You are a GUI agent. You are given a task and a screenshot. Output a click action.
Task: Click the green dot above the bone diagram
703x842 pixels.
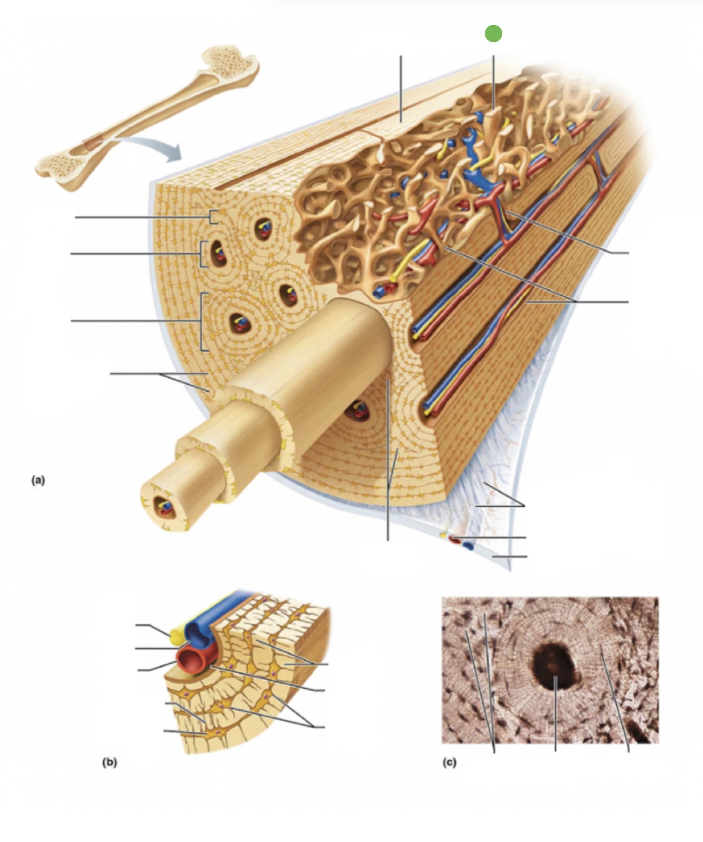tap(493, 33)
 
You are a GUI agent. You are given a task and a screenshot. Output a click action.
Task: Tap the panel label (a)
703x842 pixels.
tap(39, 480)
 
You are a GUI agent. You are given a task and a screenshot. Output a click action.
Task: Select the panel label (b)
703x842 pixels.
tap(109, 763)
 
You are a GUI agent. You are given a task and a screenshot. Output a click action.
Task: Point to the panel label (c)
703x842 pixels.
tap(449, 763)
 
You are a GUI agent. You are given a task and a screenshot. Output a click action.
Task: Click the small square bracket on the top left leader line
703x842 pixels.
tap(213, 217)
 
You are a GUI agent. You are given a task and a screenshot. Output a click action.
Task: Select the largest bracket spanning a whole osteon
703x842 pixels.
tap(202, 322)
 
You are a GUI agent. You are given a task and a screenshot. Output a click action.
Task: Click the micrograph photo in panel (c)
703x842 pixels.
tap(550, 669)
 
